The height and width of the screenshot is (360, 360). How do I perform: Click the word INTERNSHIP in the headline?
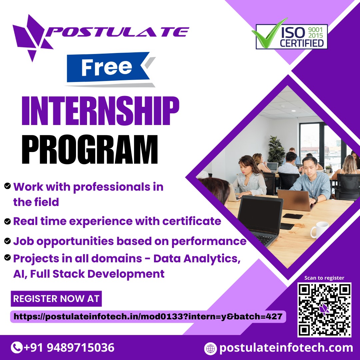[x=100, y=111]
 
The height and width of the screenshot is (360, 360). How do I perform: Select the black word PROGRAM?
[x=90, y=149]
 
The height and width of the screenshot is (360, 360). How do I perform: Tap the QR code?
[x=324, y=310]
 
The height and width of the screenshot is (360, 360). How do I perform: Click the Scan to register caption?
[x=324, y=278]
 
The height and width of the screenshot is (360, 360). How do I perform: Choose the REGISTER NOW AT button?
[x=56, y=299]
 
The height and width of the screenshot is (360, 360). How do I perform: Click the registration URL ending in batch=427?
[x=148, y=317]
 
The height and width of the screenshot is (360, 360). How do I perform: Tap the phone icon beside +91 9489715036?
[x=17, y=348]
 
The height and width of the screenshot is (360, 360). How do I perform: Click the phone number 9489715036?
[x=81, y=348]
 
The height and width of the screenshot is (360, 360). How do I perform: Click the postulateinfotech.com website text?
[x=286, y=348]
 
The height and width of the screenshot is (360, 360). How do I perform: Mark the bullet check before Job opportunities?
[x=7, y=241]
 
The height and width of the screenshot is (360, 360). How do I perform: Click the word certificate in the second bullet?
[x=192, y=221]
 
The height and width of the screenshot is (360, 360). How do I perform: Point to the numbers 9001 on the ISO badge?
[x=315, y=30]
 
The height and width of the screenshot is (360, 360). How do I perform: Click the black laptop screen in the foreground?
[x=260, y=215]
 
